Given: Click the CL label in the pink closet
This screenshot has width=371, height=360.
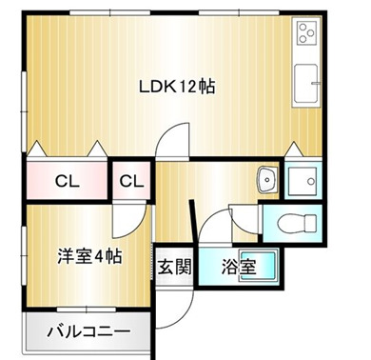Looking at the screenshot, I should [66, 180].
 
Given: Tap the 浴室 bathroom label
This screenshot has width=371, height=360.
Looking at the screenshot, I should [239, 266].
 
